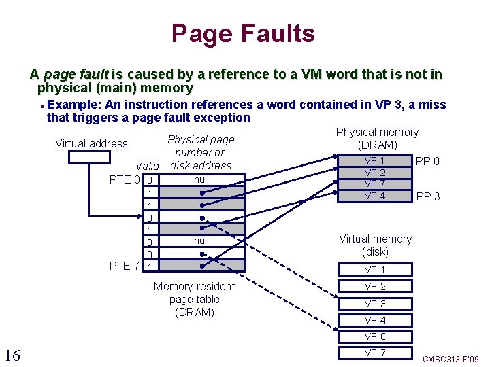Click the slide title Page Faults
click(x=243, y=33)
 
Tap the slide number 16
click(x=12, y=355)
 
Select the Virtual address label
click(x=91, y=143)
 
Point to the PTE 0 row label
click(x=125, y=180)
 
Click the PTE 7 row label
click(x=125, y=266)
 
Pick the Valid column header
click(x=147, y=166)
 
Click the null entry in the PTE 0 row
click(x=201, y=179)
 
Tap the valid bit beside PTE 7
click(x=149, y=266)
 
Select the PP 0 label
click(x=428, y=162)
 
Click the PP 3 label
click(x=428, y=197)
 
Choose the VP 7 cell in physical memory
click(x=375, y=184)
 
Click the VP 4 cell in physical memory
click(x=375, y=196)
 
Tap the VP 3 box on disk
click(x=375, y=304)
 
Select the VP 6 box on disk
click(x=375, y=337)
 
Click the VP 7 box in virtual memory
click(x=375, y=353)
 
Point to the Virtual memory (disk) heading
click(x=375, y=245)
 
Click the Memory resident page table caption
click(x=194, y=299)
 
